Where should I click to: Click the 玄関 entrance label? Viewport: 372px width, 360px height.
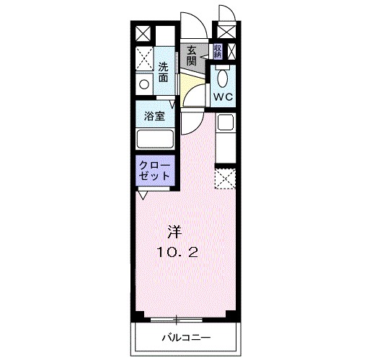191,55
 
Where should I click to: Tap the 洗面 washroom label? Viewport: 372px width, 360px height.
164,70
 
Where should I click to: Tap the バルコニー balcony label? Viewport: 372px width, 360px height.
185,337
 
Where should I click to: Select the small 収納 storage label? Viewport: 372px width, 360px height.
217,51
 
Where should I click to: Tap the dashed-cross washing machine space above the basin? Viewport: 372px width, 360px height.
144,58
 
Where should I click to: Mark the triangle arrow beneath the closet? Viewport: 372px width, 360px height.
143,194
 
